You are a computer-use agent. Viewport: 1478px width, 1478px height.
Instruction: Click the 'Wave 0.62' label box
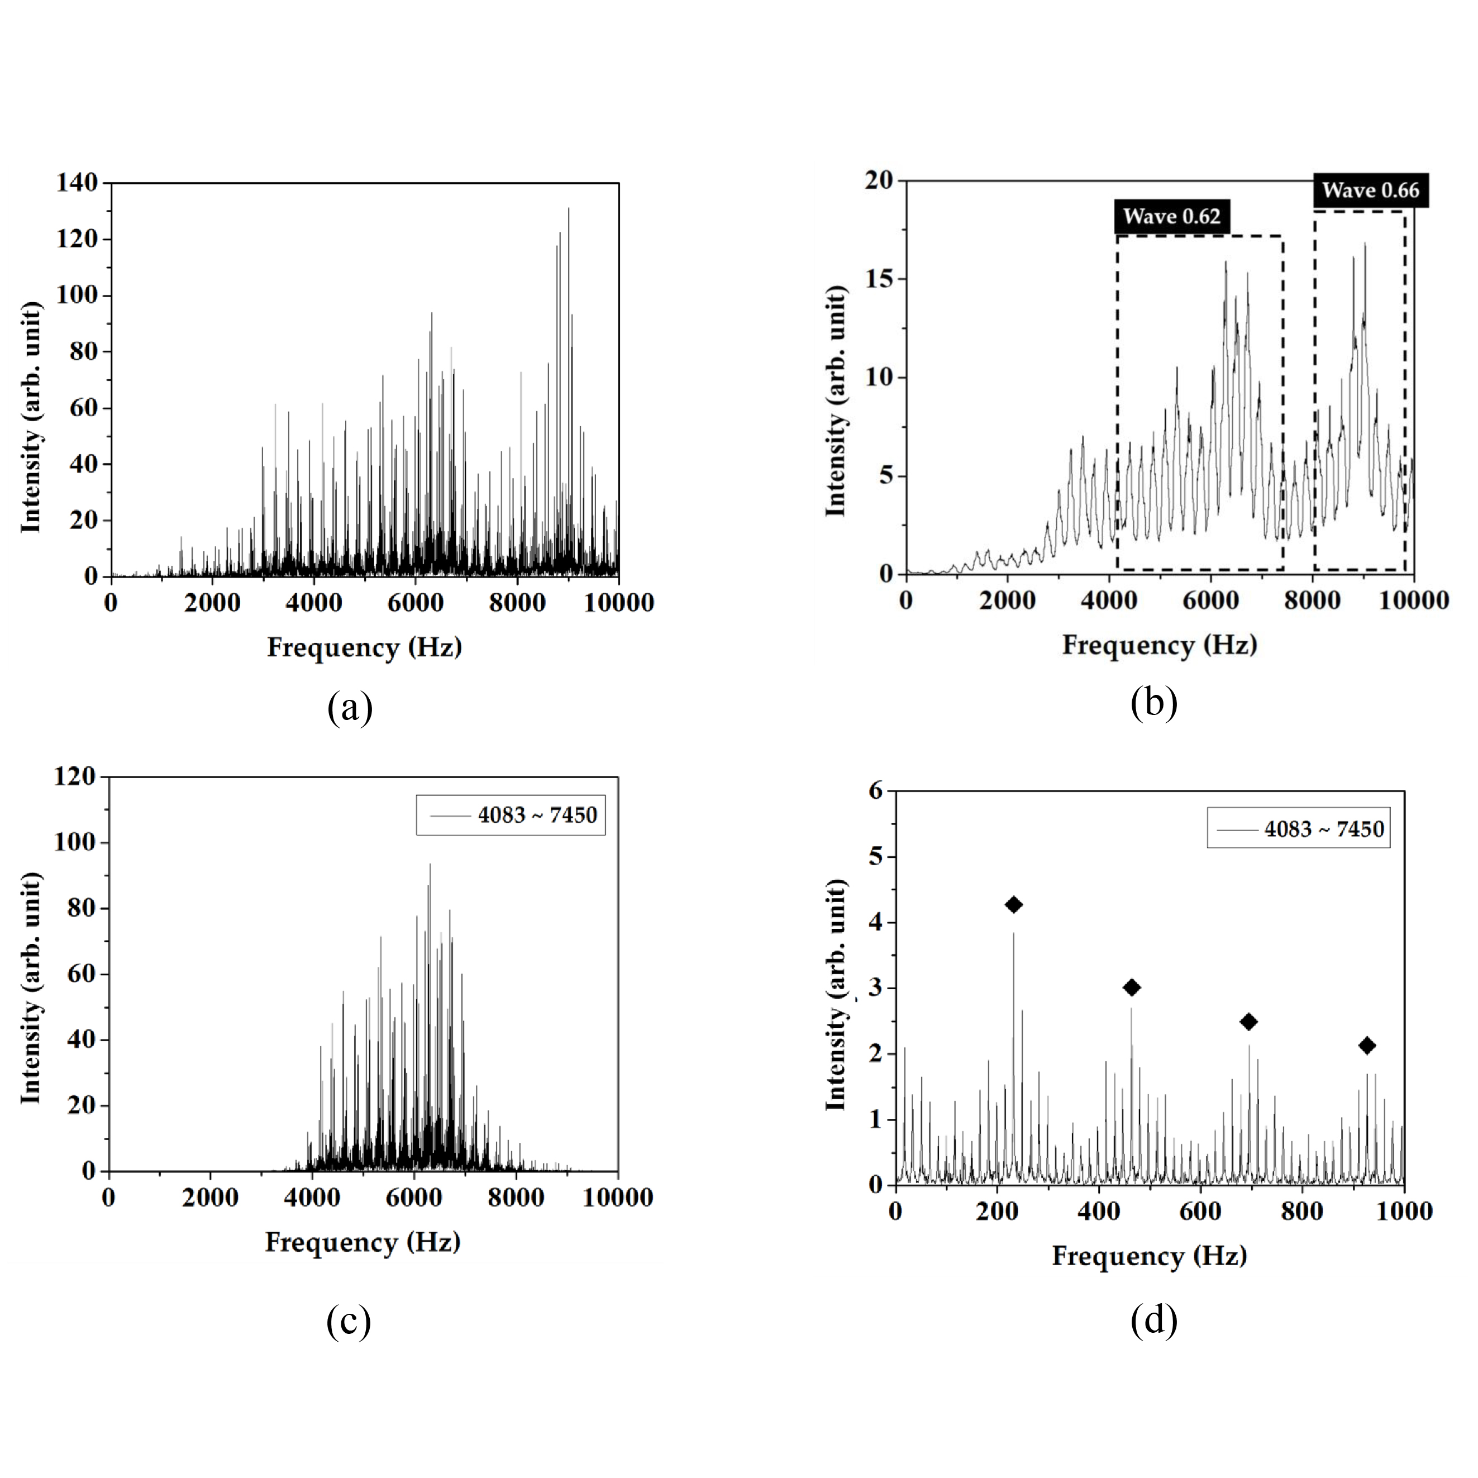(x=1171, y=217)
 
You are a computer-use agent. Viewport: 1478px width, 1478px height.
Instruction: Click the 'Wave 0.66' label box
(x=1370, y=190)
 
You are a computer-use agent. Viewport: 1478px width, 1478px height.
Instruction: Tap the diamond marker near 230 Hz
(x=1014, y=905)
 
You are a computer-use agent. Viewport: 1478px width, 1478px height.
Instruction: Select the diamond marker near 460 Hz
(x=1132, y=988)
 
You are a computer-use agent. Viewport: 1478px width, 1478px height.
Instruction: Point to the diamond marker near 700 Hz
(x=1248, y=1021)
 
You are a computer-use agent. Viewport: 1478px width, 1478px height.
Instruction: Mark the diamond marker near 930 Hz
(x=1367, y=1046)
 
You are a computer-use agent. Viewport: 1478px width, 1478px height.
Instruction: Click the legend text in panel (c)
(x=537, y=816)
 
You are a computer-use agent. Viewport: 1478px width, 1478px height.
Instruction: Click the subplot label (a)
(x=350, y=708)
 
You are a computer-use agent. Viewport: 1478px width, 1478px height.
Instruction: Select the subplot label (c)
(x=348, y=1321)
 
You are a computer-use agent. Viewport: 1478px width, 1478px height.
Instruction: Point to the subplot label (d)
(x=1153, y=1321)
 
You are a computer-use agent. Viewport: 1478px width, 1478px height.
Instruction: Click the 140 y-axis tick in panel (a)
(x=77, y=183)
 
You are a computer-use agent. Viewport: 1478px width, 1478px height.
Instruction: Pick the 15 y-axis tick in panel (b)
(x=880, y=279)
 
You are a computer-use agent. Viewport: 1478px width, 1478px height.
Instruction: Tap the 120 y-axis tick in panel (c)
(x=75, y=776)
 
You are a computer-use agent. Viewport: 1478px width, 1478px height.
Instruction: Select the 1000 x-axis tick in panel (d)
(x=1403, y=1211)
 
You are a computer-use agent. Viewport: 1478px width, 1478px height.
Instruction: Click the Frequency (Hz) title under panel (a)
(x=364, y=648)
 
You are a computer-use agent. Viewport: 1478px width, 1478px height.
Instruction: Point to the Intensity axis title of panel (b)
(x=837, y=401)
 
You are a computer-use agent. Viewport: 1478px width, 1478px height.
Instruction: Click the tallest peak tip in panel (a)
(x=569, y=209)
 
